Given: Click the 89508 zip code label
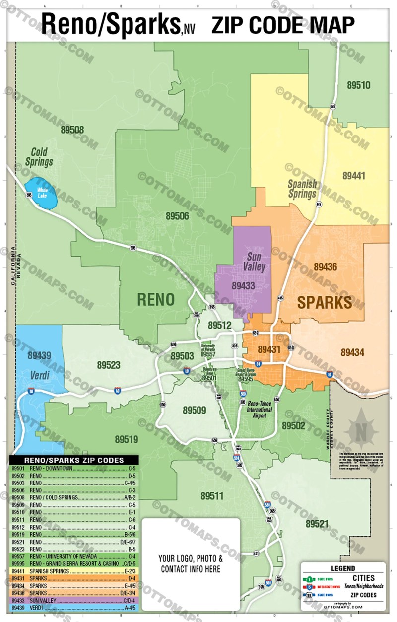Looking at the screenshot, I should [x=72, y=130].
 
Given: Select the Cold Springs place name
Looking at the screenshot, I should [x=42, y=156].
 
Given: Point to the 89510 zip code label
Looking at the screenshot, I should [x=358, y=85].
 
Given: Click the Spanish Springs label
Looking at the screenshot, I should [x=302, y=188].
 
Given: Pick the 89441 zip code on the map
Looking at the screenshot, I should [x=354, y=175].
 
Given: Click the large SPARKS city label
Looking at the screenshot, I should [x=325, y=302].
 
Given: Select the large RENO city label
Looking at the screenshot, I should [x=155, y=299].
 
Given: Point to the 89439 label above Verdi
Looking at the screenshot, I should [x=39, y=355].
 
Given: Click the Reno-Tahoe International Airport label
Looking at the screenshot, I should [x=260, y=410].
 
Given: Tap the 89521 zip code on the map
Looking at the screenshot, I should [x=317, y=524].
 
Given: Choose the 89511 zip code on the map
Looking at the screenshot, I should [x=212, y=496].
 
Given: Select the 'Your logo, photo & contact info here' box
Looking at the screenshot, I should [x=191, y=563].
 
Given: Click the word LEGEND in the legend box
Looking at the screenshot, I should [x=343, y=568].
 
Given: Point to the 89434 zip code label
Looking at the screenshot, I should [x=352, y=353].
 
